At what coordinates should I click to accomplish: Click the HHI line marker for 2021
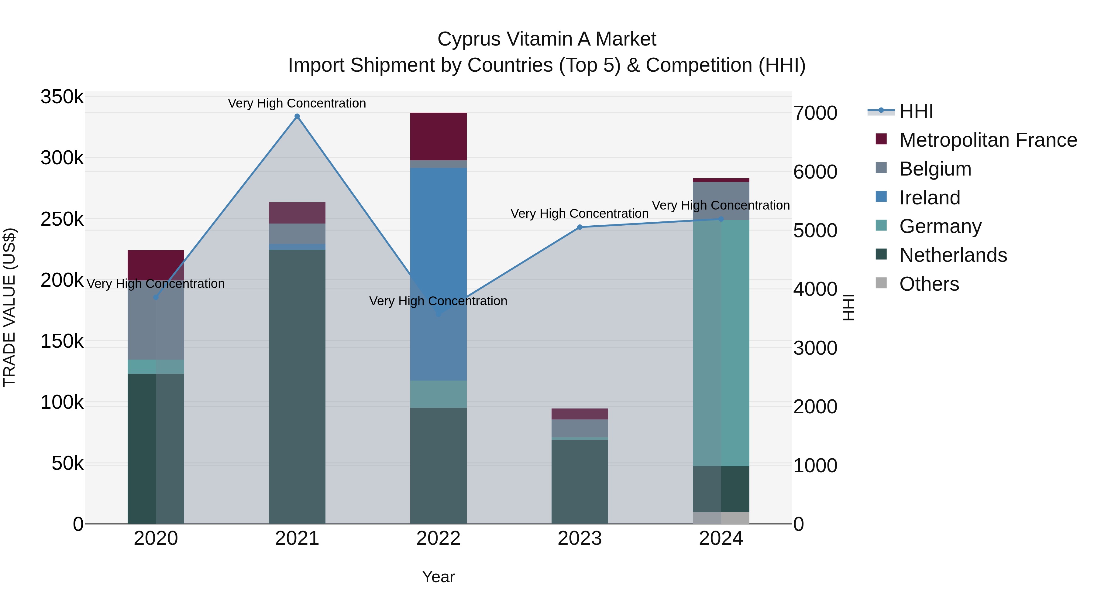click(297, 116)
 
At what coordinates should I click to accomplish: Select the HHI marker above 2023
click(580, 227)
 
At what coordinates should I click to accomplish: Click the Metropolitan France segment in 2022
click(438, 136)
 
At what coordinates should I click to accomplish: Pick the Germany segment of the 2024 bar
click(721, 343)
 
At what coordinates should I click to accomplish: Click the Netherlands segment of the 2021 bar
click(297, 386)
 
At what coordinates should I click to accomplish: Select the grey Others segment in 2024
click(721, 518)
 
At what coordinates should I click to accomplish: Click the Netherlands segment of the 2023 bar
click(580, 482)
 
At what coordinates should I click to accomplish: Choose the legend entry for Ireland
click(929, 198)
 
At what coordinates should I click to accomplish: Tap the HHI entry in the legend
click(916, 111)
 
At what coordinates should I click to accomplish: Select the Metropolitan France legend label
click(988, 140)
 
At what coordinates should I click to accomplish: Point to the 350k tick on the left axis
click(62, 97)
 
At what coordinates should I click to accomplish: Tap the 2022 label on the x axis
click(438, 538)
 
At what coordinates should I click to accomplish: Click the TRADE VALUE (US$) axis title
click(9, 307)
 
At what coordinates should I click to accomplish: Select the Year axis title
click(438, 577)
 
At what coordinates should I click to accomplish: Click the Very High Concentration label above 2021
click(297, 103)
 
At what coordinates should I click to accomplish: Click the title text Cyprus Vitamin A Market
click(547, 39)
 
